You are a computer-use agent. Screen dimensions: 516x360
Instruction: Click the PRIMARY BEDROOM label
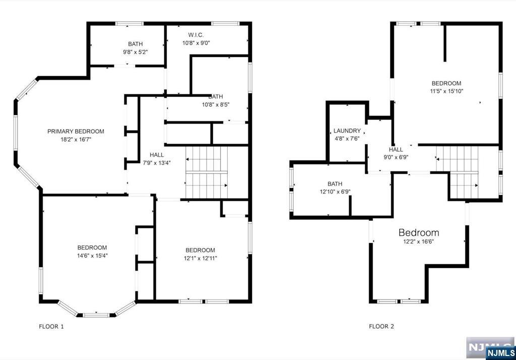click(x=76, y=132)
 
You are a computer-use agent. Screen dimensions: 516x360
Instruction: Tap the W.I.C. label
click(x=196, y=35)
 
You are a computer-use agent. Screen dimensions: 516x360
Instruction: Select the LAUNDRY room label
click(x=347, y=131)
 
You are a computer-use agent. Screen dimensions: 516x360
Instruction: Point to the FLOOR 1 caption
click(x=51, y=326)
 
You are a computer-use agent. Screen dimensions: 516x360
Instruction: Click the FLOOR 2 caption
click(x=381, y=326)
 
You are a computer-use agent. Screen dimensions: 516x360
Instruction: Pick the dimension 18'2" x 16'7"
click(x=76, y=140)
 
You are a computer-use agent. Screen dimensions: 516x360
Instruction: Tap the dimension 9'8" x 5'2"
click(x=135, y=52)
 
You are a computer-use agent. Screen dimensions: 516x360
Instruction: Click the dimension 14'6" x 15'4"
click(x=92, y=256)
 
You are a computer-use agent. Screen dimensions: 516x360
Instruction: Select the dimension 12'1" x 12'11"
click(x=200, y=258)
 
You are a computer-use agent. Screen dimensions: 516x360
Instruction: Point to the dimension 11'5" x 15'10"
click(x=446, y=91)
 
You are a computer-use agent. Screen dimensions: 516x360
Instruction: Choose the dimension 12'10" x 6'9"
click(x=335, y=192)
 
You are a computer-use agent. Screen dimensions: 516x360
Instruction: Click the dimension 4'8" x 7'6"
click(x=347, y=139)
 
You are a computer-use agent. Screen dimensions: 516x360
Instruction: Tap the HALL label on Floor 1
click(x=157, y=155)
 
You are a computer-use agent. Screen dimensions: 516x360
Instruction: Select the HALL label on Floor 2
click(x=396, y=150)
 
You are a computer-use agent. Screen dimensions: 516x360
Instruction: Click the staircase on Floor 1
click(x=207, y=172)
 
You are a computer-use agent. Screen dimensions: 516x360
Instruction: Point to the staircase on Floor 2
click(x=458, y=172)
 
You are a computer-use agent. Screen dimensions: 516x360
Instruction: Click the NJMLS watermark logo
click(x=491, y=348)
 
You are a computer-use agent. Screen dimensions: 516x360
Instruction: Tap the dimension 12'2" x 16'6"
click(x=419, y=242)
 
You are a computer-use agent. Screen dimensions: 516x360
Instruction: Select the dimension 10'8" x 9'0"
click(x=196, y=43)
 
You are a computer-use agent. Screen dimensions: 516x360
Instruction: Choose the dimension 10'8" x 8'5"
click(x=216, y=105)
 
